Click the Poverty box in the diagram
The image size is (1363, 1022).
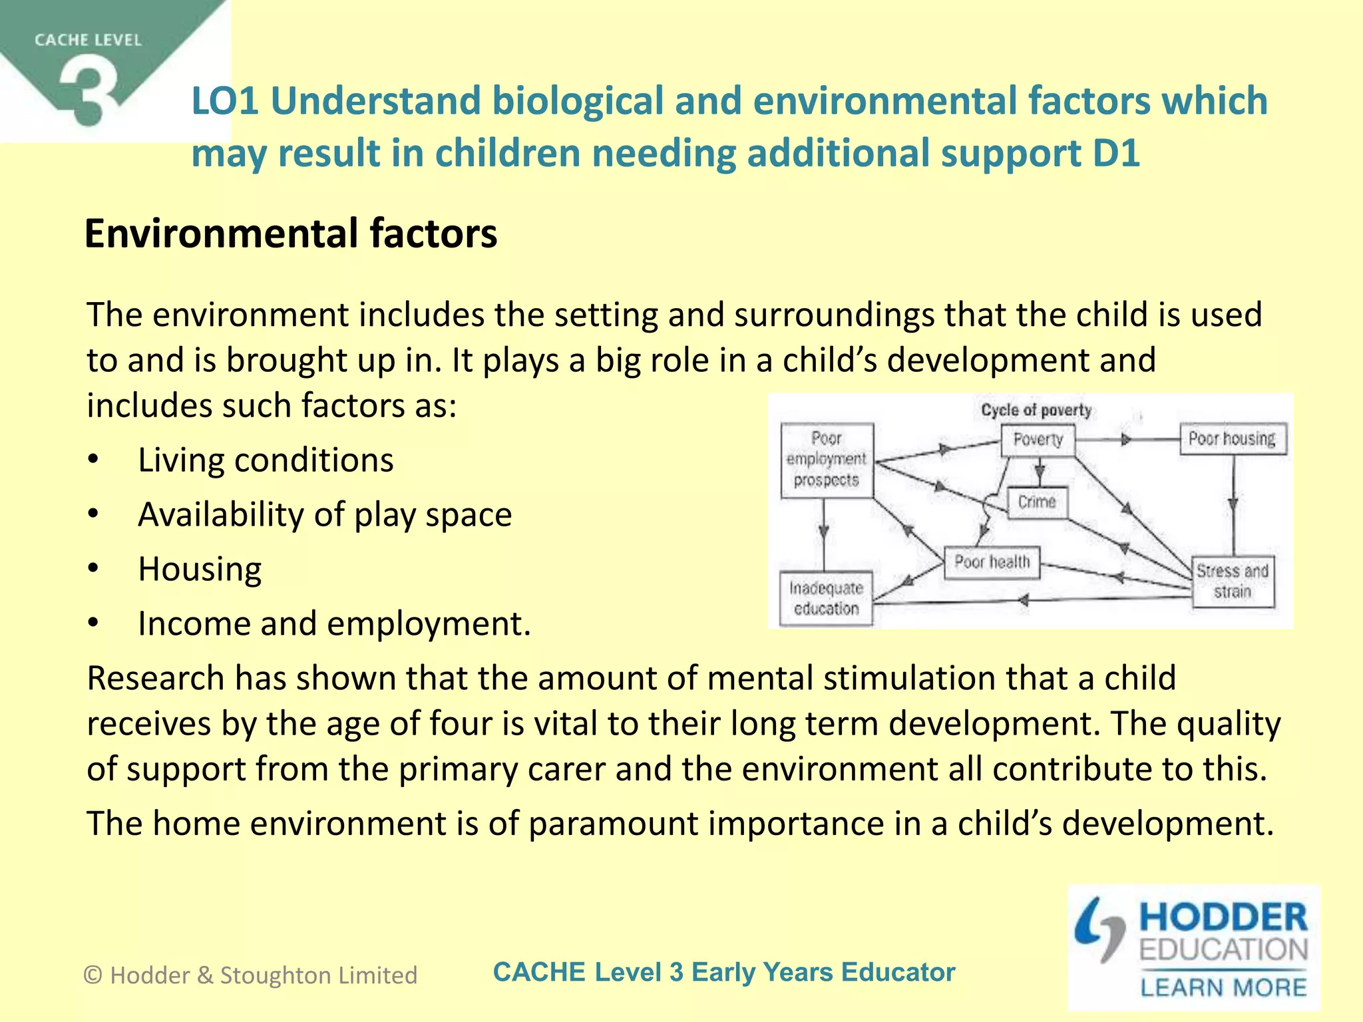pos(1038,439)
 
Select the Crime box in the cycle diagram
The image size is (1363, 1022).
pos(1036,502)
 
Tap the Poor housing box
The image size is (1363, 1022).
pos(1232,439)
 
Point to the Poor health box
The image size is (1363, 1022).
pos(992,562)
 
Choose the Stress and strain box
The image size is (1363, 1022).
pos(1233,582)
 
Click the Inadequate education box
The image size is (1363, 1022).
pos(826,598)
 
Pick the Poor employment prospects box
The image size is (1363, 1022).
pos(826,459)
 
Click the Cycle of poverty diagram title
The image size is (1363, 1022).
pos(1036,410)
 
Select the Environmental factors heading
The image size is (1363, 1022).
pos(291,234)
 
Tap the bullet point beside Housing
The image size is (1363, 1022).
pos(93,568)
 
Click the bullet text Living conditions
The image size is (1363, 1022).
pos(266,460)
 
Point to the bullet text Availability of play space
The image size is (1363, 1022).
pos(325,514)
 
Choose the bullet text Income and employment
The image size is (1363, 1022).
pos(334,623)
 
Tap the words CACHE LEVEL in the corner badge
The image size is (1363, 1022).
pos(88,41)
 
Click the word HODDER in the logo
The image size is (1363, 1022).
pos(1223,918)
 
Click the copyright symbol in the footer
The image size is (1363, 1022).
pos(93,975)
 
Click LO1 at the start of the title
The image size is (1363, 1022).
pos(225,101)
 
